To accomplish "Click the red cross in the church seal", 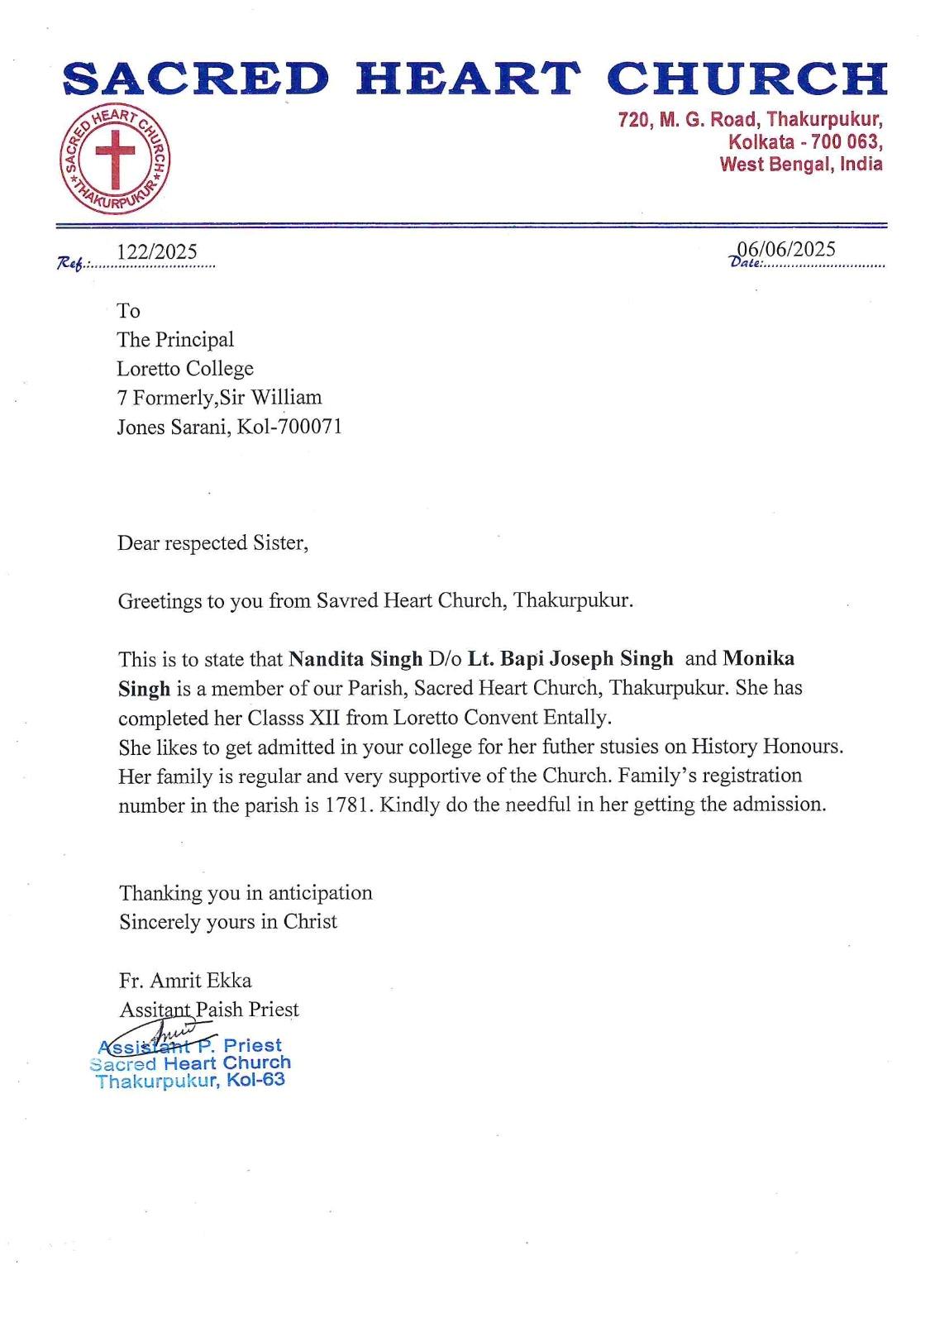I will [x=115, y=156].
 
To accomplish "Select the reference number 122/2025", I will [x=157, y=251].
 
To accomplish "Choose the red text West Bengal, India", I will [x=800, y=164].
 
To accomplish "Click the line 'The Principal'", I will [x=175, y=339].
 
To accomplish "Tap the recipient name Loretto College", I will [x=185, y=368].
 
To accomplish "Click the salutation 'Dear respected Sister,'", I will [x=212, y=542].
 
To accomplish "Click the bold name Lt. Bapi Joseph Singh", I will [x=570, y=659].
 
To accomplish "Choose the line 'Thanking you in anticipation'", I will [x=246, y=892].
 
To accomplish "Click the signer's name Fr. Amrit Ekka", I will [x=185, y=980].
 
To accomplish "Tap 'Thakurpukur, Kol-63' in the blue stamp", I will [x=190, y=1081].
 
